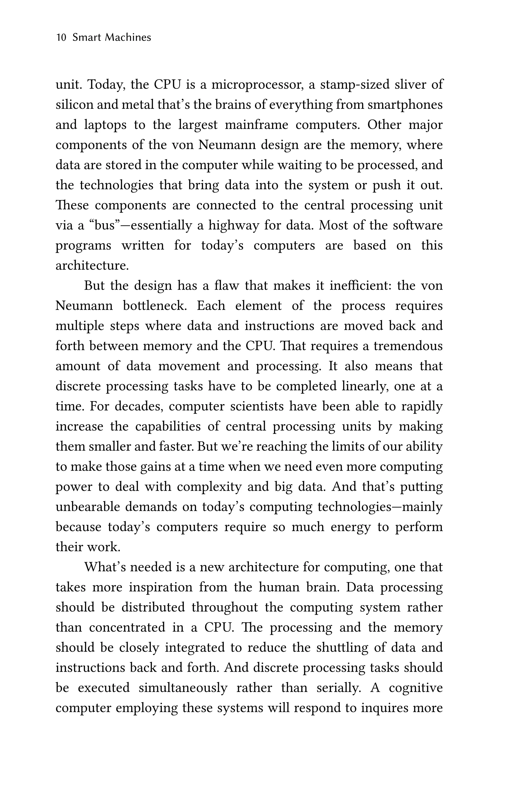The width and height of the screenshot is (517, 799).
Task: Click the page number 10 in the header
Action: click(x=61, y=37)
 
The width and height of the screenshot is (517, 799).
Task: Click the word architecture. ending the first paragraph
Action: click(x=92, y=266)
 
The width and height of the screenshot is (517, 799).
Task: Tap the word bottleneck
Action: click(x=155, y=306)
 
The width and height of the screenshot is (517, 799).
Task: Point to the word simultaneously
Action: click(x=183, y=688)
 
